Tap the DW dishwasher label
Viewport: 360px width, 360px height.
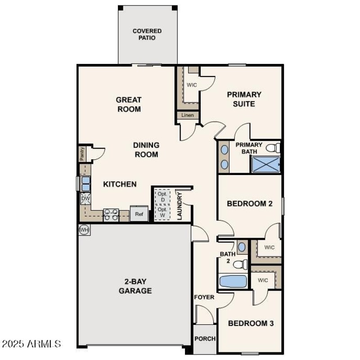pyautogui.click(x=85, y=198)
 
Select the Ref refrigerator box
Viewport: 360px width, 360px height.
pyautogui.click(x=139, y=214)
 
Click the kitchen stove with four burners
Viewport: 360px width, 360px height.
pyautogui.click(x=111, y=215)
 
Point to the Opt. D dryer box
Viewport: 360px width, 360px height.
pyautogui.click(x=163, y=197)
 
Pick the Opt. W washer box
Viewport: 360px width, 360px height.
pyautogui.click(x=163, y=212)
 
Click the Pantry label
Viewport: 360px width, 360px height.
pyautogui.click(x=82, y=154)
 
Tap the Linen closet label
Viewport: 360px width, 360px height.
pyautogui.click(x=188, y=116)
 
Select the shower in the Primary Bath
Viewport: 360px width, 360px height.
pyautogui.click(x=265, y=165)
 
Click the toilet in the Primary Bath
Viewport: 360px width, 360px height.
pyautogui.click(x=273, y=148)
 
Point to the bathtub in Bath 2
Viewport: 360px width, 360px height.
pyautogui.click(x=233, y=282)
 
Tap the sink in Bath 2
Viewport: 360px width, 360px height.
pyautogui.click(x=242, y=247)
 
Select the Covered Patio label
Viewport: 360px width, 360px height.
pyautogui.click(x=147, y=35)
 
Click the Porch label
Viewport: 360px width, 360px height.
pyautogui.click(x=205, y=338)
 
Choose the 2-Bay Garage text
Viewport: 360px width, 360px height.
pyautogui.click(x=135, y=286)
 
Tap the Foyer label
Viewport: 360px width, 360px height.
pyautogui.click(x=204, y=297)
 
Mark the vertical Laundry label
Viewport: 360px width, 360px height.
pyautogui.click(x=179, y=206)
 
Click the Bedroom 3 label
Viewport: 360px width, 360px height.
pyautogui.click(x=251, y=323)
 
